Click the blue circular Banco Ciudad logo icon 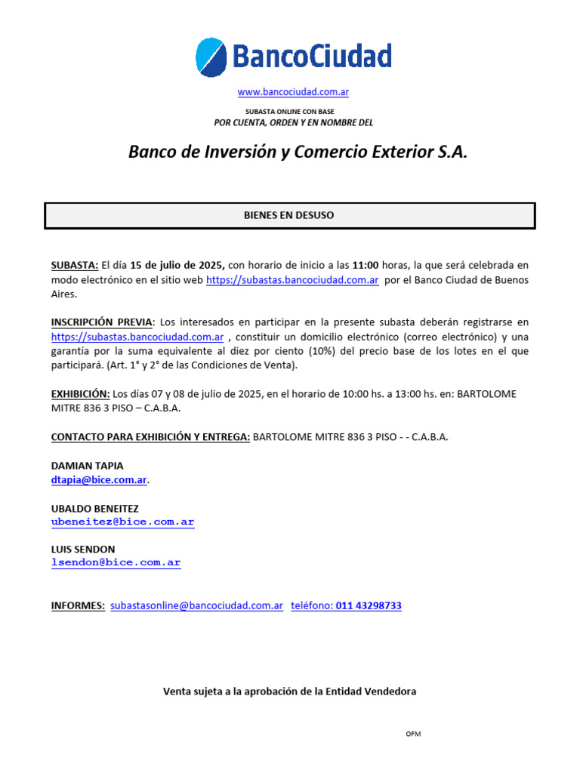tap(211, 57)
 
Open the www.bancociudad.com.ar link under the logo tap(293, 92)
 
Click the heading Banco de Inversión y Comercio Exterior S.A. tap(298, 152)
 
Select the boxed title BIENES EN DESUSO tap(288, 215)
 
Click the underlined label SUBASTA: tap(74, 265)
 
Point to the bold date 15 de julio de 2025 tap(177, 265)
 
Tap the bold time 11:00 tap(366, 265)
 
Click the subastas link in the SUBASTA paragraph tap(292, 279)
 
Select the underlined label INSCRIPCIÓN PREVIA tap(101, 322)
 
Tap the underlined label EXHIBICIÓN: tap(80, 394)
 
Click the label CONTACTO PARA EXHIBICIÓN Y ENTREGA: tap(150, 437)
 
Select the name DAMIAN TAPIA tap(87, 466)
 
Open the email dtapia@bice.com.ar tap(99, 480)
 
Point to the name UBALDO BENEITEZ tap(94, 509)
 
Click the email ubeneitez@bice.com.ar tap(122, 522)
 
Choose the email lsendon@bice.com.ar tap(116, 562)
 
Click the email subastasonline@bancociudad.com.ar tap(196, 605)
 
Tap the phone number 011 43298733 tap(369, 605)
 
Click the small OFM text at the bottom tap(412, 734)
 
